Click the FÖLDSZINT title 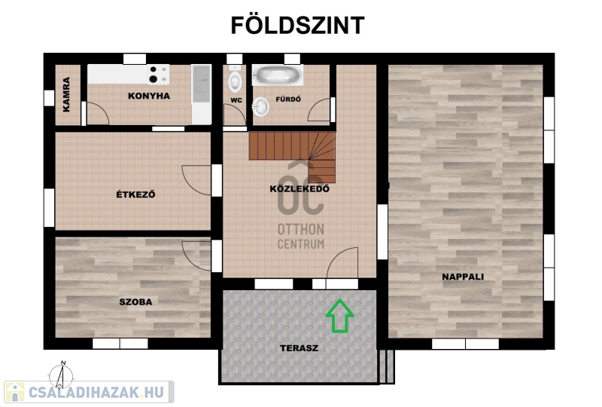297,26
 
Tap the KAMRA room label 66,95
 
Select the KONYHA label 149,96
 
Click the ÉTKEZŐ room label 135,194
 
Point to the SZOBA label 135,302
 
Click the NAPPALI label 463,277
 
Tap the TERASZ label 299,348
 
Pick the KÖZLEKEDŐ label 299,189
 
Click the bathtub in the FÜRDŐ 277,75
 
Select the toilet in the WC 235,79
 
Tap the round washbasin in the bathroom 260,106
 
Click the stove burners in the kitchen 159,75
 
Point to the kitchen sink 201,84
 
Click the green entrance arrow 340,317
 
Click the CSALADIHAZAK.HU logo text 96,393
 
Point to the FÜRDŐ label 288,99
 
